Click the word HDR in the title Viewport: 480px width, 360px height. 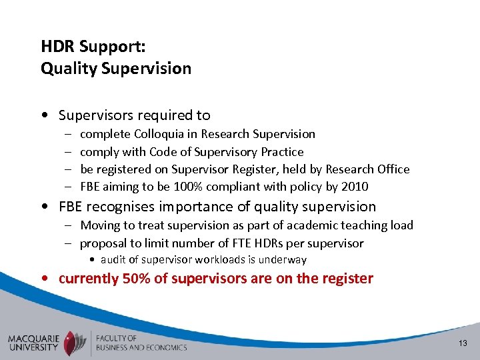tap(55, 47)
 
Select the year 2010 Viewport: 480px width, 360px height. tap(355, 187)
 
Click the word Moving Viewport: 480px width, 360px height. tap(100, 225)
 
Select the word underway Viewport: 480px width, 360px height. tap(283, 260)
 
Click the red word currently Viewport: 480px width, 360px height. tap(89, 279)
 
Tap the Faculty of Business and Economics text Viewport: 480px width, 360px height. tap(141, 343)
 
